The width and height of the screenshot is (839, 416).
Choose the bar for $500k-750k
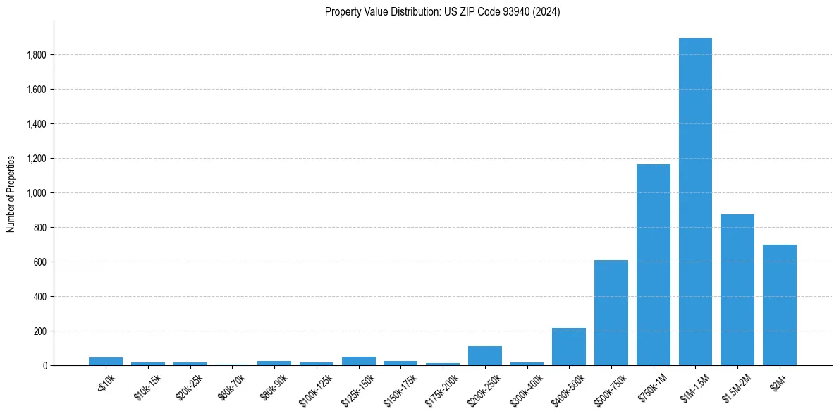[611, 313]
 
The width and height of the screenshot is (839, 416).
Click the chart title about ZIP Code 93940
[442, 12]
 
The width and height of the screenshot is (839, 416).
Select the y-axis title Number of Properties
[11, 194]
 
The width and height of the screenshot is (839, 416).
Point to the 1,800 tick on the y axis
[37, 55]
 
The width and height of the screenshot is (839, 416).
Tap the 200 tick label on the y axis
[40, 331]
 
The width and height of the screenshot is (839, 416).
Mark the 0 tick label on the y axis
[44, 366]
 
